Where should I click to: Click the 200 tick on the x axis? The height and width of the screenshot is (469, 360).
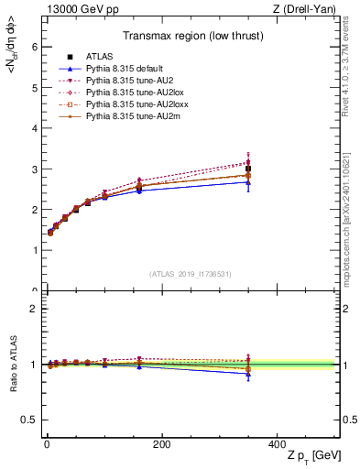161,444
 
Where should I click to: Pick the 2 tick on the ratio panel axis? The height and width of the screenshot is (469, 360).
33,309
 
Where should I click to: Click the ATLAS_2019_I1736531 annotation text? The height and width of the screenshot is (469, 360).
191,274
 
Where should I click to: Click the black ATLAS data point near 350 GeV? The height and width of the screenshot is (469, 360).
248,169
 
